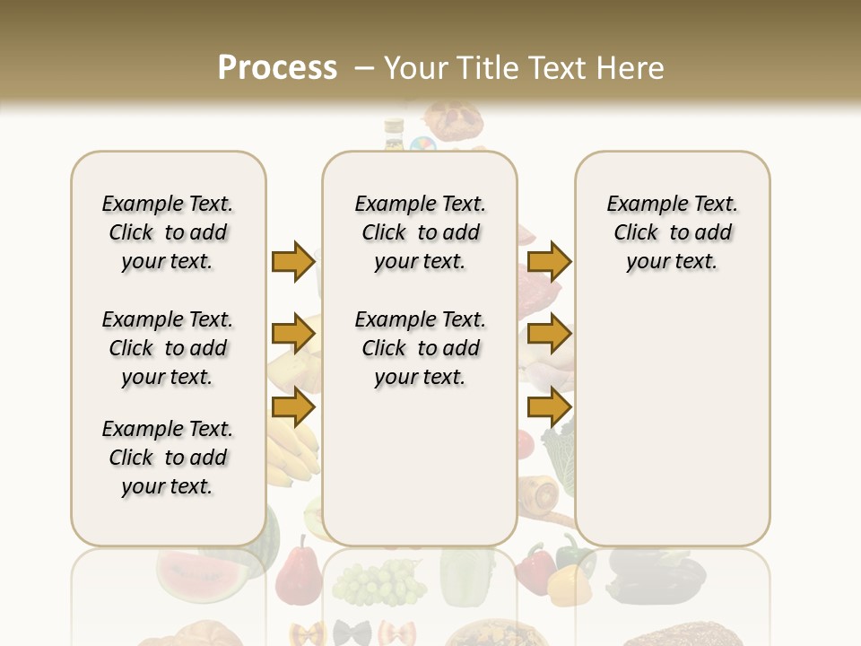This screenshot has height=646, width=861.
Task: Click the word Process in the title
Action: pyautogui.click(x=277, y=67)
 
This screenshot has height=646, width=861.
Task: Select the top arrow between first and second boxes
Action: pyautogui.click(x=293, y=262)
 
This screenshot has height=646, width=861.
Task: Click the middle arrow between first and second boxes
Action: pyautogui.click(x=293, y=335)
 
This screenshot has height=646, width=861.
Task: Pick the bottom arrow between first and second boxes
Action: pyautogui.click(x=293, y=406)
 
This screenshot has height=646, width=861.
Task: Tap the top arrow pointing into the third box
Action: pyautogui.click(x=549, y=262)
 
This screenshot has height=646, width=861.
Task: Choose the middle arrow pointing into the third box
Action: pyautogui.click(x=549, y=335)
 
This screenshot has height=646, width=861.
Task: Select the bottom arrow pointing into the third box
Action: pyautogui.click(x=549, y=406)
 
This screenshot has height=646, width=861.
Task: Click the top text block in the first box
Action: pyautogui.click(x=168, y=232)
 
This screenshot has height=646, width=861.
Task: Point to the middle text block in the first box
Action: pyautogui.click(x=168, y=348)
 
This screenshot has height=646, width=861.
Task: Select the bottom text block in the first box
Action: pyautogui.click(x=168, y=458)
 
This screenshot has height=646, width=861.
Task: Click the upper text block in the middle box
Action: pyautogui.click(x=420, y=232)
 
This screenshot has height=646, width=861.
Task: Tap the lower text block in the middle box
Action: pyautogui.click(x=420, y=348)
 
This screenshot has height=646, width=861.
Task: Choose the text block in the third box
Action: pyautogui.click(x=672, y=232)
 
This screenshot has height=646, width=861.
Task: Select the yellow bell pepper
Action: pyautogui.click(x=567, y=584)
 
